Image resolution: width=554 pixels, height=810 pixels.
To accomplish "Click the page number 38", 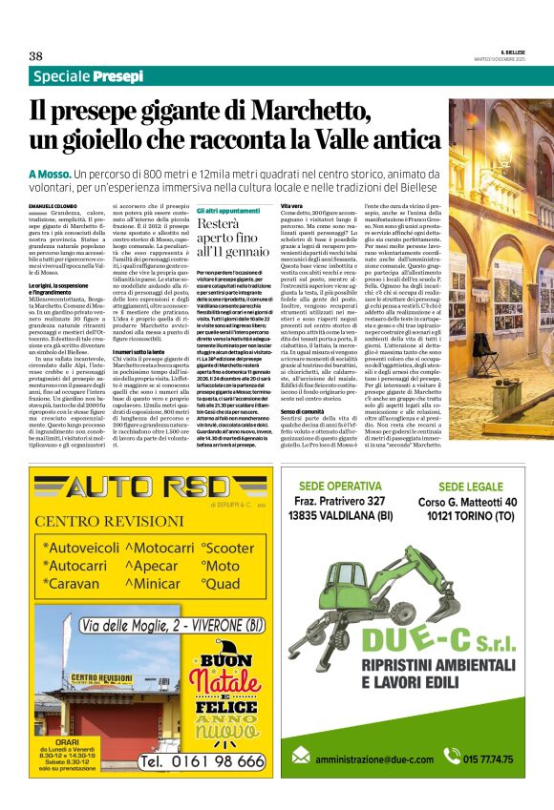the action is click(x=36, y=55).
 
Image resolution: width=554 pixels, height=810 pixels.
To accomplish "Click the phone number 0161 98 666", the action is click(x=202, y=760).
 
